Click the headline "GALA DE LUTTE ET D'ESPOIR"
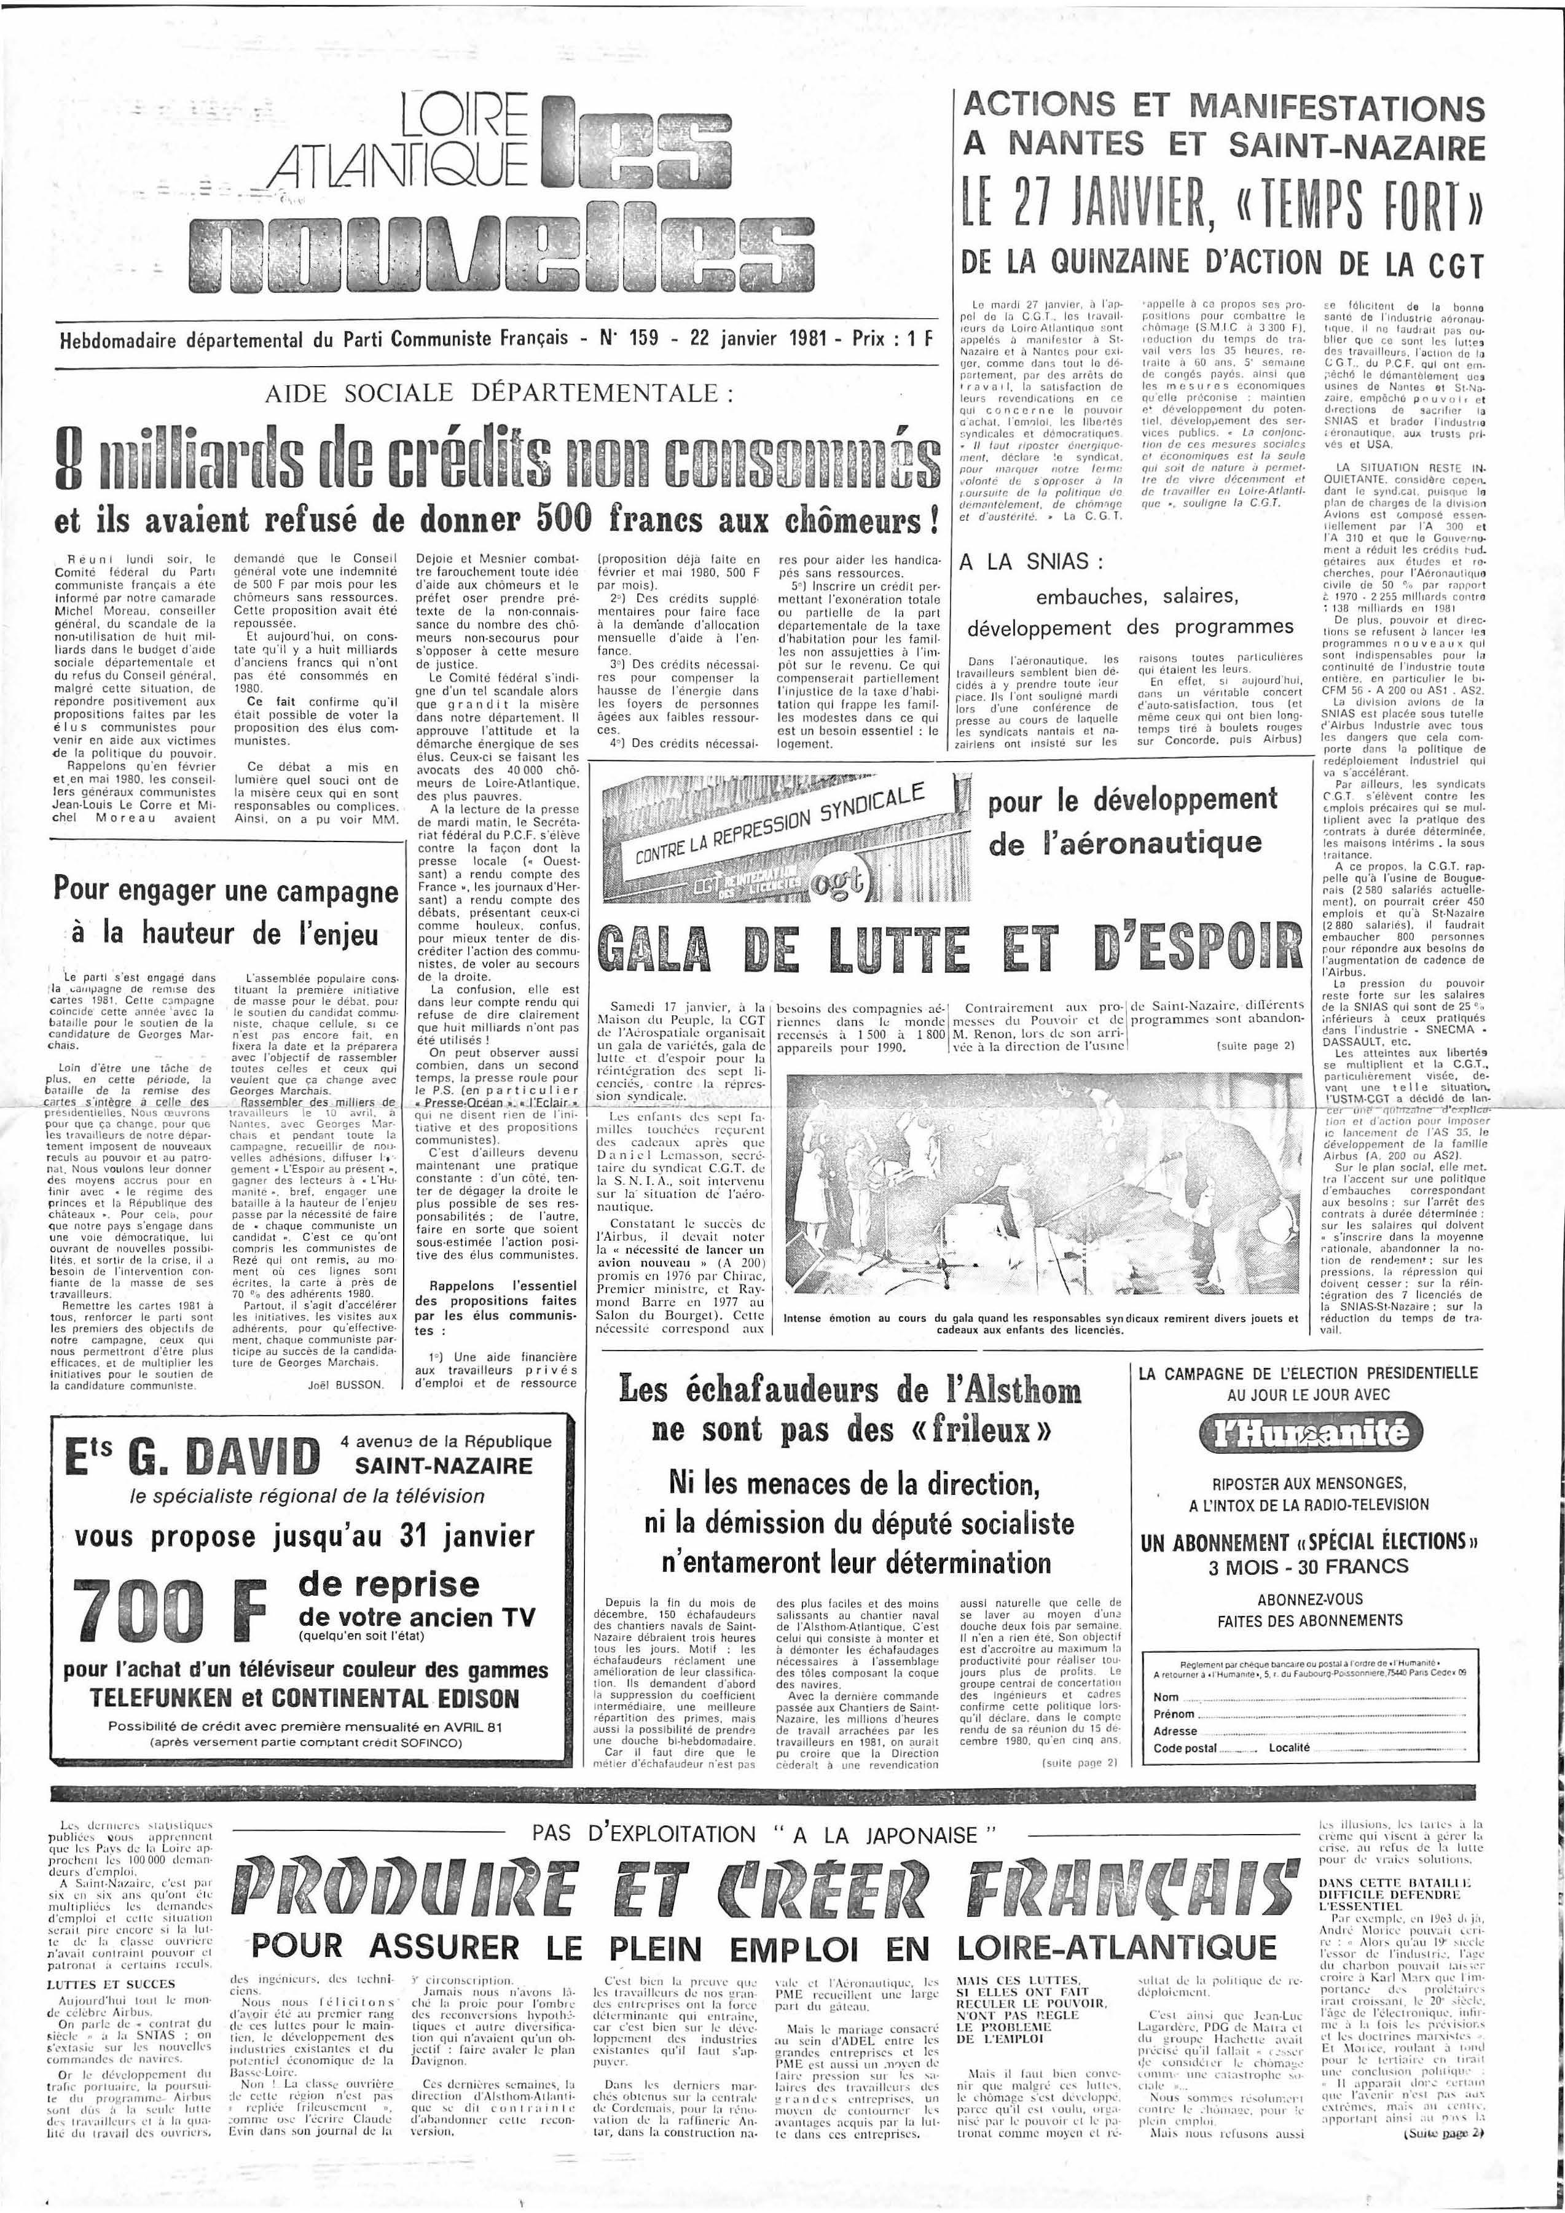(949, 948)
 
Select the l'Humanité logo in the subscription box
(1309, 1434)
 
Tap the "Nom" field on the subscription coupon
(1311, 1696)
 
